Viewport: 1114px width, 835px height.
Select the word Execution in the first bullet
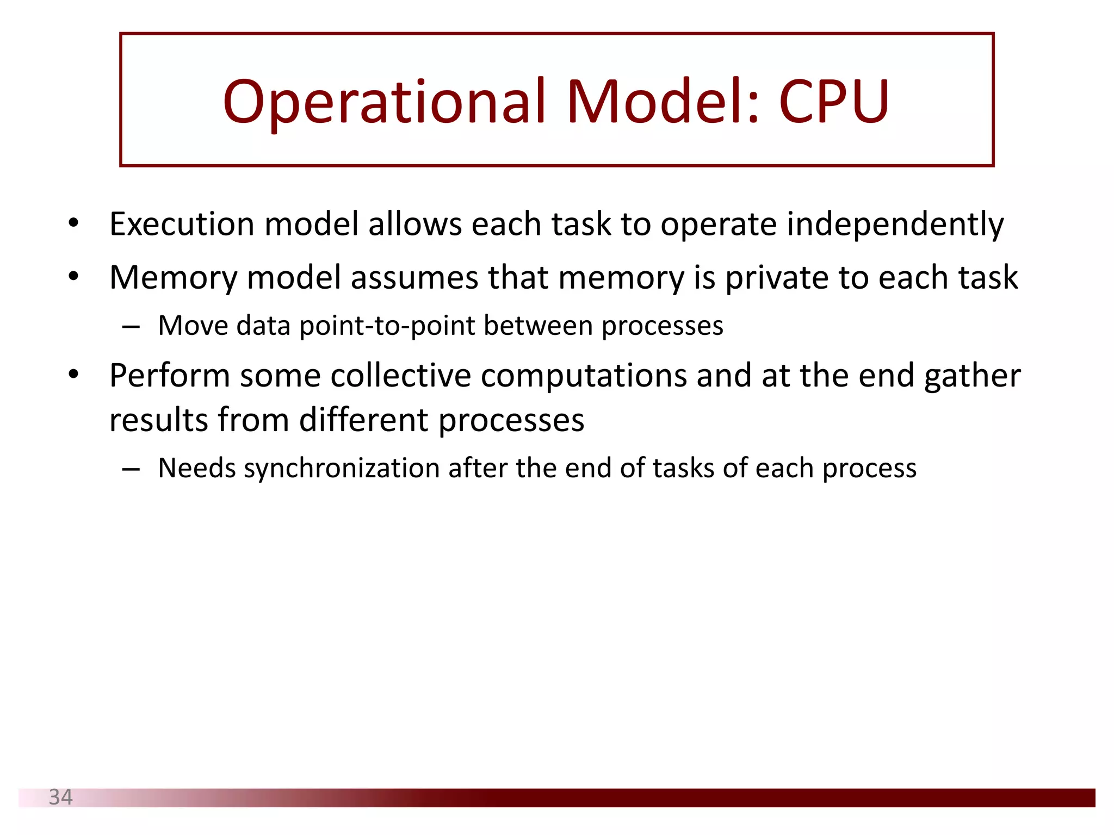pyautogui.click(x=182, y=224)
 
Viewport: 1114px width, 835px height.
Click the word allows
pyautogui.click(x=414, y=224)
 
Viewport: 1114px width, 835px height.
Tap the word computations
pyautogui.click(x=584, y=376)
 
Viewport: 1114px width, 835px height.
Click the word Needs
pyautogui.click(x=196, y=468)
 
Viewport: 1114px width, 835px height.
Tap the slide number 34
pyautogui.click(x=60, y=797)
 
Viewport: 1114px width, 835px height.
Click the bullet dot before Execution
pyautogui.click(x=74, y=223)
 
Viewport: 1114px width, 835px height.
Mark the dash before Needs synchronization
pyautogui.click(x=131, y=469)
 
